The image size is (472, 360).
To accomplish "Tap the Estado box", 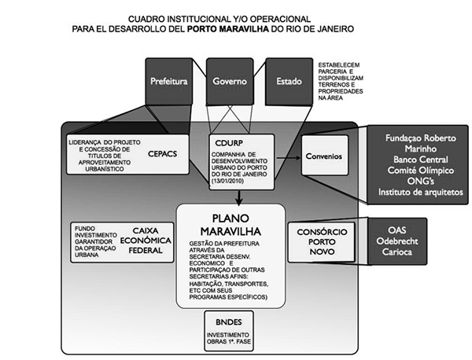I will (288, 81).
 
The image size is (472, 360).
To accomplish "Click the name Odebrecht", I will (420, 241).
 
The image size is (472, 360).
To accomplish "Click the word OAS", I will (420, 229).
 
